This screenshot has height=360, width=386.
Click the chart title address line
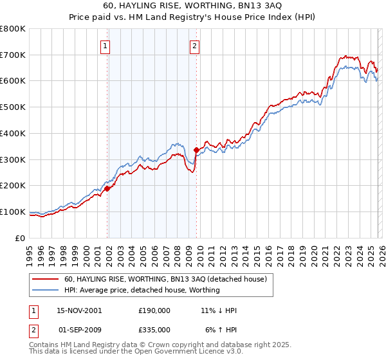[x=193, y=6]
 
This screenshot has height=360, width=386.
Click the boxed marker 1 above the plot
[x=105, y=46]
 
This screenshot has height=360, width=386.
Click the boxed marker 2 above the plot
[x=194, y=46]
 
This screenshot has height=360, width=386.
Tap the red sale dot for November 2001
[x=107, y=188]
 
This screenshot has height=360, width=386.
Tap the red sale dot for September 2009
[x=196, y=150]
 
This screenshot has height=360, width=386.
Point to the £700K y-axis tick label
[x=13, y=55]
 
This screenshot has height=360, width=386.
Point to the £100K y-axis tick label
[x=13, y=212]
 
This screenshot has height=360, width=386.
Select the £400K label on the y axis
[x=13, y=133]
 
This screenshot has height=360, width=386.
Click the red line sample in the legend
[x=46, y=279]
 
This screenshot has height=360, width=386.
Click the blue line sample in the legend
[x=46, y=290]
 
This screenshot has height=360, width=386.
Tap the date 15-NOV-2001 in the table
[x=79, y=310]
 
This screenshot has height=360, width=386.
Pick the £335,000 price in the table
[x=154, y=329]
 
